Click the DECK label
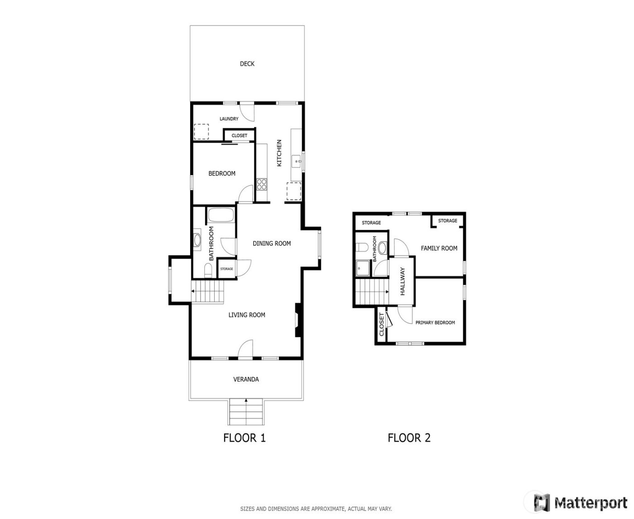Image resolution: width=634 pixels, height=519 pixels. click(x=247, y=64)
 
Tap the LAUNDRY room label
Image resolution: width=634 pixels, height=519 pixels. click(x=229, y=119)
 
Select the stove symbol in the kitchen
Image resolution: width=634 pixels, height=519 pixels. click(x=262, y=184)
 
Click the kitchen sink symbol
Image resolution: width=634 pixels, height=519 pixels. click(x=297, y=160)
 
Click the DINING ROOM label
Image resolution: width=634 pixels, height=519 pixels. click(x=272, y=243)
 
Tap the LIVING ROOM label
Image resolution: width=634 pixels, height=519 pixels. click(x=247, y=315)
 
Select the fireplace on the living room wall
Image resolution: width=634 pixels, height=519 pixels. click(x=298, y=320)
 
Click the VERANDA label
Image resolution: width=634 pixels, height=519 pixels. click(x=246, y=379)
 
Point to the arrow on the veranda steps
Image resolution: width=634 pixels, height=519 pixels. click(x=246, y=400)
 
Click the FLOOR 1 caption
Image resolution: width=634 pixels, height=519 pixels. click(x=245, y=438)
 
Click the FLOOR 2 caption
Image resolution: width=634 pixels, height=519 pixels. click(x=409, y=438)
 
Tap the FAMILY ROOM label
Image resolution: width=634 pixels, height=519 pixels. click(x=439, y=248)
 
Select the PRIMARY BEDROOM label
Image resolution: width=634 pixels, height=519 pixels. click(x=435, y=323)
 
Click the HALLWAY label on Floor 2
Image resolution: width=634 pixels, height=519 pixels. click(x=402, y=281)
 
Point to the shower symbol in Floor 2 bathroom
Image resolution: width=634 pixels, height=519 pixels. click(x=362, y=267)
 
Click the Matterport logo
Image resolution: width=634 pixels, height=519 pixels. click(x=581, y=502)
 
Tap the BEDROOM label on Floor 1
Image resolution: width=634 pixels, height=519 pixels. click(x=222, y=173)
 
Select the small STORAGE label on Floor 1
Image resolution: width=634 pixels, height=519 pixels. click(x=226, y=269)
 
